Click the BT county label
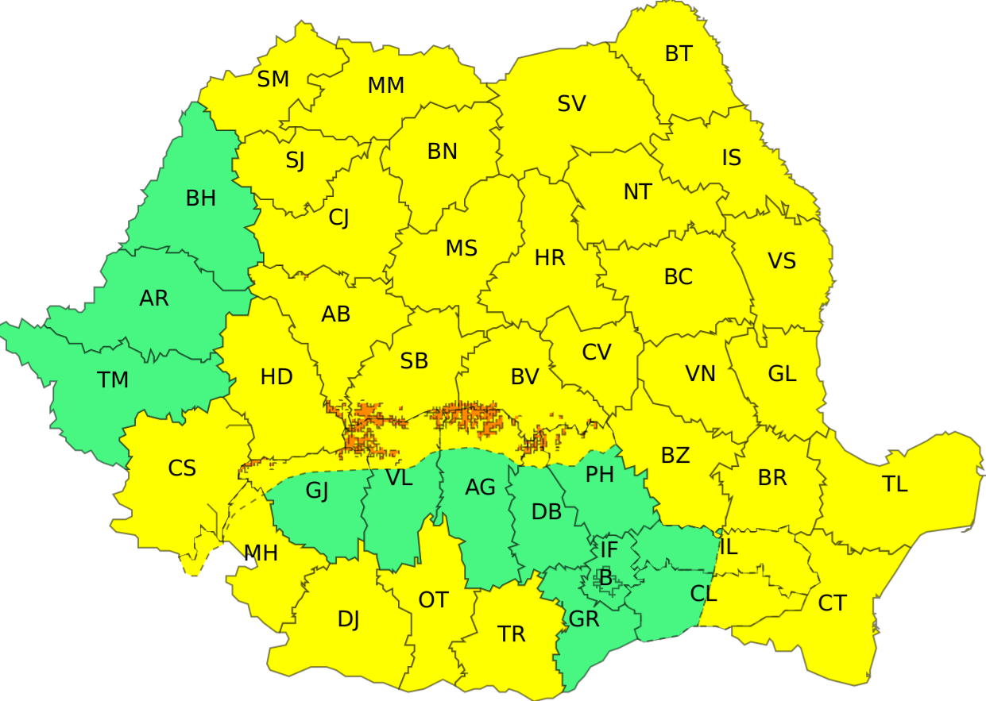point(679,54)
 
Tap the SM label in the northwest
point(273,79)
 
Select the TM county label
point(113,380)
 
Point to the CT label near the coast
point(832,603)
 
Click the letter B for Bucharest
point(605,578)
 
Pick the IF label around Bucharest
point(609,549)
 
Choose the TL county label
point(895,484)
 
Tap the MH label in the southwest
point(261,553)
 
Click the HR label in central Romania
point(550,258)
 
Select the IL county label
point(729,547)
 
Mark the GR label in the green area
point(585,619)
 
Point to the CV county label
point(597,352)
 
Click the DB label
point(547,513)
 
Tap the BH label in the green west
point(201,198)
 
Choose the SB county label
point(414,361)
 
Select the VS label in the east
point(782,261)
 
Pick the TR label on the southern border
point(512,634)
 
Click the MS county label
point(461,248)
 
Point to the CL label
point(704,593)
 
